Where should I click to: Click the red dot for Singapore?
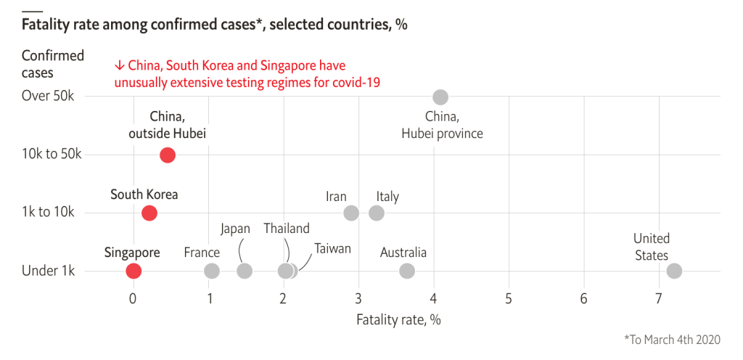pos(134,271)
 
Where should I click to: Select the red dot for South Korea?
pos(149,213)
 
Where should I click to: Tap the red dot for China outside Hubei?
pos(168,155)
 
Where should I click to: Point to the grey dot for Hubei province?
pos(440,97)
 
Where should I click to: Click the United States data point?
pos(674,271)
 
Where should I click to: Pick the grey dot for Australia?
pos(407,271)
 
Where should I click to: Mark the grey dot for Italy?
pos(377,213)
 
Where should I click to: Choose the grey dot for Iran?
pos(351,213)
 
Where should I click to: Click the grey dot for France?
pos(212,271)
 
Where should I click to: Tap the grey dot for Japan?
pos(245,271)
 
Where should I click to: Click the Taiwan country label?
pos(332,248)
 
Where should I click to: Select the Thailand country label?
pos(287,229)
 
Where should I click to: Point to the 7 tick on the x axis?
pos(659,298)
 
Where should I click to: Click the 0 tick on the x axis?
pos(133,298)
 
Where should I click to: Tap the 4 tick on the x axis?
pos(434,298)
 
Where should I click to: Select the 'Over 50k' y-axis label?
pos(48,97)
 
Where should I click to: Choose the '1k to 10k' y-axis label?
pos(48,213)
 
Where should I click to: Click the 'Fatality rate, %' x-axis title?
pos(398,319)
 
